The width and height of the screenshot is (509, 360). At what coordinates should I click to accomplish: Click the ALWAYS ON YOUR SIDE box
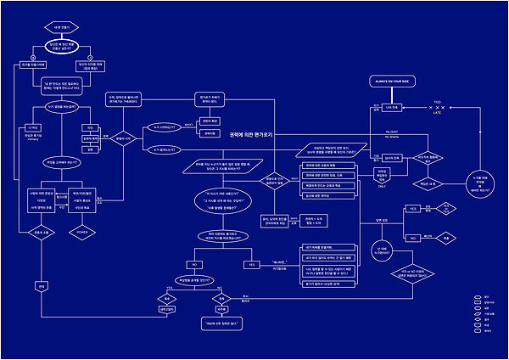[x=393, y=82]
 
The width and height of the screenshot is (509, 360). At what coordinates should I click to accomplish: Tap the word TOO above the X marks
[x=438, y=101]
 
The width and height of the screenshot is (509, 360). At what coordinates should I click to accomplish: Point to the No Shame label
[x=391, y=137]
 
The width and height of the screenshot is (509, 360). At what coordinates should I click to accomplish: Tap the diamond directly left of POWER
[x=38, y=229]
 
